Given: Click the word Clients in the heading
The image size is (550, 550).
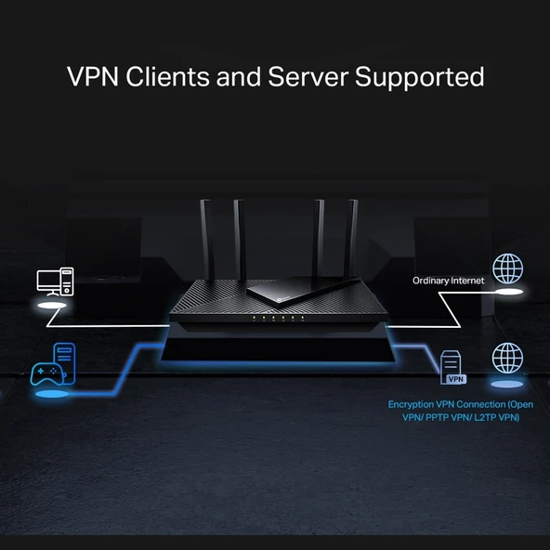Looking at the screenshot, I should point(163,76).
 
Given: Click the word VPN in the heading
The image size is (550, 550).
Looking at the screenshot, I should point(91,76).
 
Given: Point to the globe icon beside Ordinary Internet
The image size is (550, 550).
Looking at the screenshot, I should point(507,268).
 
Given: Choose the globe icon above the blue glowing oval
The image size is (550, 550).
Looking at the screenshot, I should point(507,358).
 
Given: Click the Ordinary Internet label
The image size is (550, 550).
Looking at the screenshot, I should point(449,280).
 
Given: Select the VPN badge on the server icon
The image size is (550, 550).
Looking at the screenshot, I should point(455,379).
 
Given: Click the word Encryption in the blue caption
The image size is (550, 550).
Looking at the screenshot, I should point(416,405).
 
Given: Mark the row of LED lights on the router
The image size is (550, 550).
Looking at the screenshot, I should point(275,318).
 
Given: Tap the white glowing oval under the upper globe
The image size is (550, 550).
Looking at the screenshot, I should point(507,293).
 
